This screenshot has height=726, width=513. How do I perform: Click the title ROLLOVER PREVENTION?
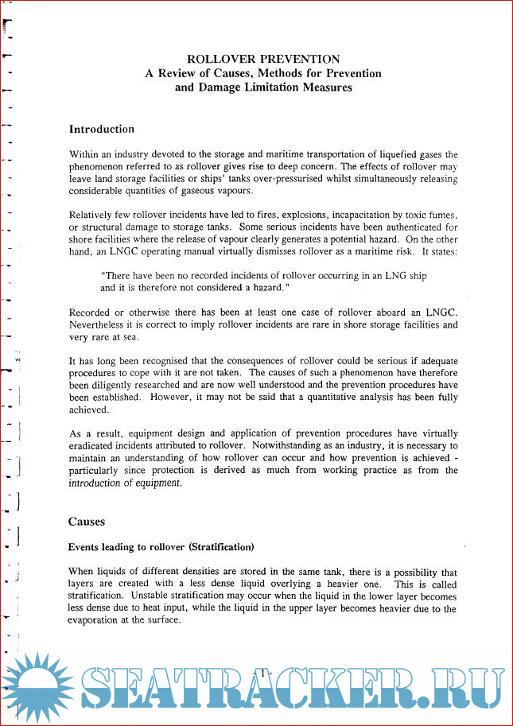262,59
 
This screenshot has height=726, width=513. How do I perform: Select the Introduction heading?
102,129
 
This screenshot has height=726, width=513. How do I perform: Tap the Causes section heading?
87,522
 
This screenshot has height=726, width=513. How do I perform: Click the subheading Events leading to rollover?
133,548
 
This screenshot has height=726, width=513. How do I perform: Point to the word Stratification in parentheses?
227,548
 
